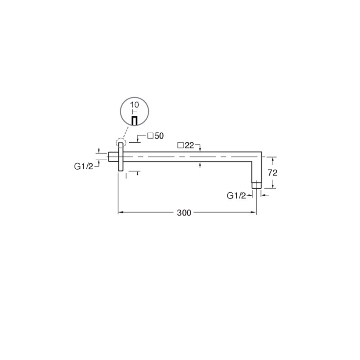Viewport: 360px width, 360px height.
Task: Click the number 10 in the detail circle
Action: click(135, 105)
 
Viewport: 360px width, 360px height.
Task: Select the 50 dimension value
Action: click(159, 136)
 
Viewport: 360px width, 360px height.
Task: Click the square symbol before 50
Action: click(150, 136)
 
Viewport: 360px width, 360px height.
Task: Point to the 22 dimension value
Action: click(189, 145)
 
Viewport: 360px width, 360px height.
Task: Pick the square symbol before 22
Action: click(180, 145)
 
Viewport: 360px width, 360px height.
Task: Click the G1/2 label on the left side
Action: click(84, 166)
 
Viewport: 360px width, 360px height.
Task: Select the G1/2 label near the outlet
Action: click(236, 196)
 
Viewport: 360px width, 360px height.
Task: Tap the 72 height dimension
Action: click(273, 173)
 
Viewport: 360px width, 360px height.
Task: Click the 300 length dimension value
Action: click(184, 213)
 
